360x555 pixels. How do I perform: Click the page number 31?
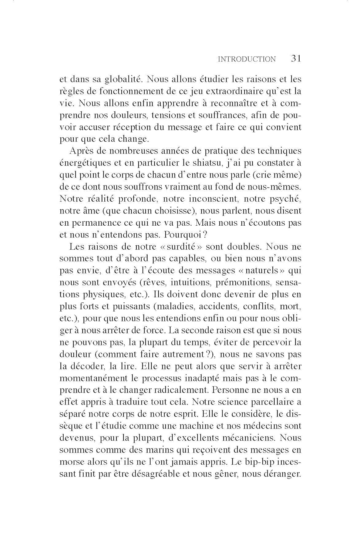296,58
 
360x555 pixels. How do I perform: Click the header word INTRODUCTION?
247,59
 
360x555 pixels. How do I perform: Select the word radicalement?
175,390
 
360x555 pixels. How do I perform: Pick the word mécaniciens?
248,438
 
